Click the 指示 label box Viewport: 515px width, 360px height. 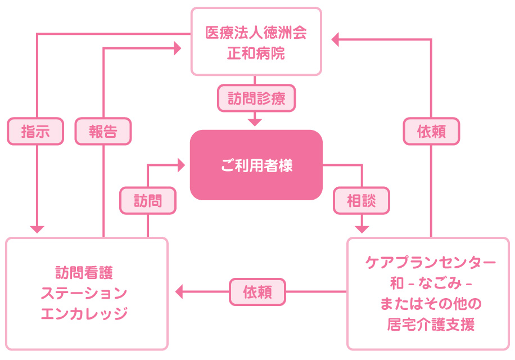pos(36,132)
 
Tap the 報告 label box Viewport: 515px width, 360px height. pos(103,132)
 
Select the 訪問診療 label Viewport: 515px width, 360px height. pos(256,98)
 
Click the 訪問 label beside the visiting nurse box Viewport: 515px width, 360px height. pos(148,200)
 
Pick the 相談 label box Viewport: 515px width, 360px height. pos(362,200)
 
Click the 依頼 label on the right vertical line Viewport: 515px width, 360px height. pos(431,132)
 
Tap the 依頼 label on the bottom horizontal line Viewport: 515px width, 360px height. pos(258,292)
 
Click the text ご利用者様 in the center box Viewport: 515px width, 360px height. pos(256,166)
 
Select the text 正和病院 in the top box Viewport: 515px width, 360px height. pos(256,54)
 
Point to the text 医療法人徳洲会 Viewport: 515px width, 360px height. pos(256,33)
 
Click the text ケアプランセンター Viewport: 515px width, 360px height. pos(431,262)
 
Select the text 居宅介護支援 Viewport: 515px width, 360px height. pos(431,325)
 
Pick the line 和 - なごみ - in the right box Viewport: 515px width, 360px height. pos(431,283)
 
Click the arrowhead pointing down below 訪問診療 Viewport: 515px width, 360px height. pos(256,121)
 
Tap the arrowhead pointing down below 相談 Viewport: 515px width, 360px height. pos(362,228)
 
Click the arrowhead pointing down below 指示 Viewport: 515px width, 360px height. pos(37,229)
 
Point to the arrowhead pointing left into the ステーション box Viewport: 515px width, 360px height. pos(180,291)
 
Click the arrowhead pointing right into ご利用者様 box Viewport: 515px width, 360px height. pos(181,165)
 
